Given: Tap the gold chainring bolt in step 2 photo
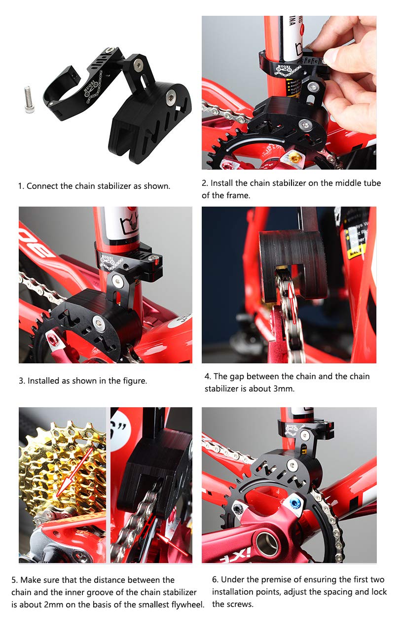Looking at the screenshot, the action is [293, 157].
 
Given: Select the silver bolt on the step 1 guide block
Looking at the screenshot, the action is [172, 95].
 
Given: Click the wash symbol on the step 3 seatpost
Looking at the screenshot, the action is [129, 225].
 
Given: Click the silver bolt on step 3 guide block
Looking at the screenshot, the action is [98, 323].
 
